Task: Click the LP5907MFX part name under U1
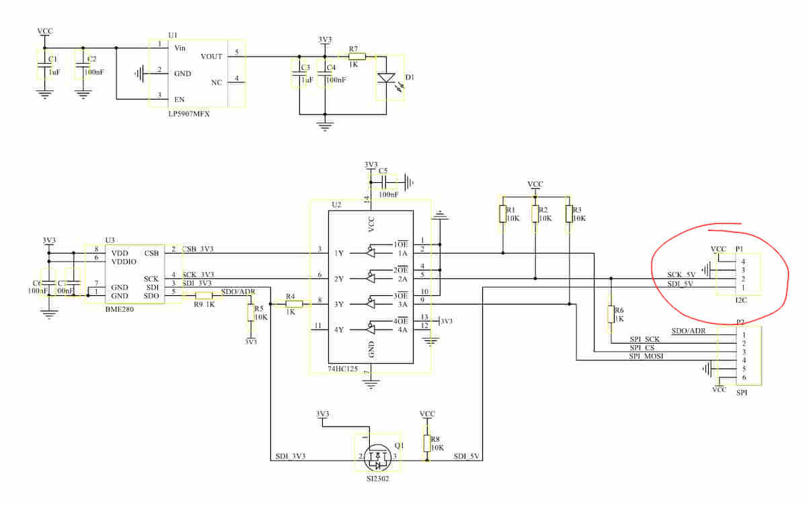[189, 114]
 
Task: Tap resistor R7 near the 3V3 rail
[356, 57]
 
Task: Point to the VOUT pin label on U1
[212, 57]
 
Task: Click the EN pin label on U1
[180, 99]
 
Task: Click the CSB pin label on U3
[151, 254]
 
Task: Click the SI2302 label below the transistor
[377, 478]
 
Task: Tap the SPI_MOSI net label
[646, 356]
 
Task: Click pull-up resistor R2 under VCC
[535, 214]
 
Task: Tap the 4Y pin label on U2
[340, 329]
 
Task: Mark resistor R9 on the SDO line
[204, 295]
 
